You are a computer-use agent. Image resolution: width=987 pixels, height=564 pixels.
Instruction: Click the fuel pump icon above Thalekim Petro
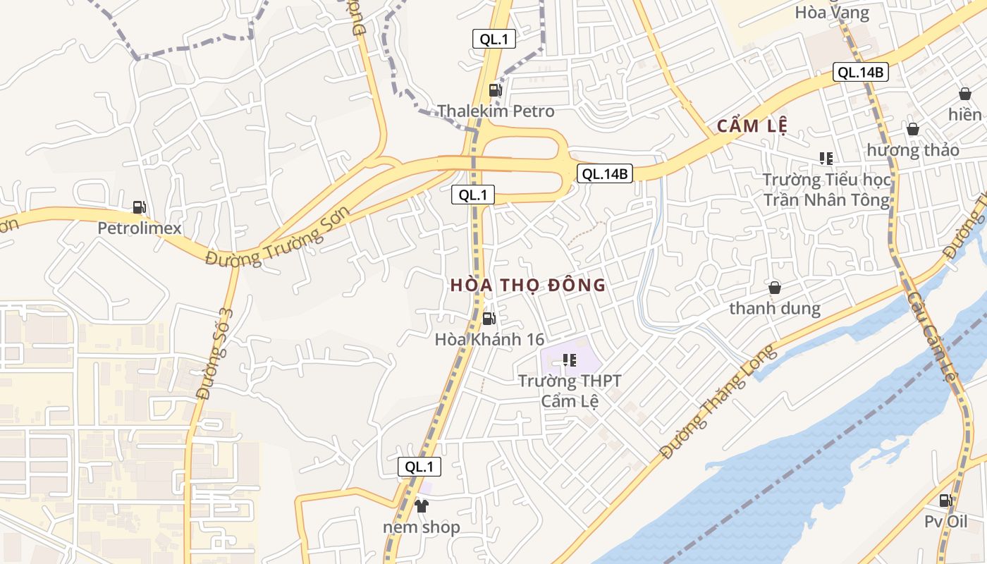coord(495,90)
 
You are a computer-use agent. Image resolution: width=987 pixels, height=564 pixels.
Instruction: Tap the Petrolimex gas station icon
coord(140,207)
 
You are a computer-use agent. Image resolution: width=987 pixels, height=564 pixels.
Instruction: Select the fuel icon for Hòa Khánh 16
coord(489,319)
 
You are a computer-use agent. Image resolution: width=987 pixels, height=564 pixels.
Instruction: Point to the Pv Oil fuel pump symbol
coord(945,501)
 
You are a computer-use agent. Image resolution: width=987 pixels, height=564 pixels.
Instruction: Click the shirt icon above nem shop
coord(422,505)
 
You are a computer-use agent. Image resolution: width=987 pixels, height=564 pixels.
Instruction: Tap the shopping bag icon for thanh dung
coord(774,288)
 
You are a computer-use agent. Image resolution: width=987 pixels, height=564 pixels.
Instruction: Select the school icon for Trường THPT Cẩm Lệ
coord(570,361)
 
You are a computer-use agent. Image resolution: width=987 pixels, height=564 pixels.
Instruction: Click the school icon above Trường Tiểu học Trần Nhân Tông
coord(826,159)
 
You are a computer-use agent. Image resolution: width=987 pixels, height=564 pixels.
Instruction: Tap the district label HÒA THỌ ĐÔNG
coord(528,285)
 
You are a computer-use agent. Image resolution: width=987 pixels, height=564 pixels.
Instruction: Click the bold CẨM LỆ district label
coord(752,126)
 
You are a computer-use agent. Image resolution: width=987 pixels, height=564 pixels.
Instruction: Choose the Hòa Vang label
coord(832,12)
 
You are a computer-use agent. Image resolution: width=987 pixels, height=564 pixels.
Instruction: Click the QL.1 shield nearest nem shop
coord(419,466)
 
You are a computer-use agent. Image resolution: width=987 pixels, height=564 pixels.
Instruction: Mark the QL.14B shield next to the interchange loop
coord(604,173)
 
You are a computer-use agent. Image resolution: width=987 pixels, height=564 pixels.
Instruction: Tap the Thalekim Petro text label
coord(496,111)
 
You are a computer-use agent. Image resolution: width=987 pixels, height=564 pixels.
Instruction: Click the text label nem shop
coord(422,527)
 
